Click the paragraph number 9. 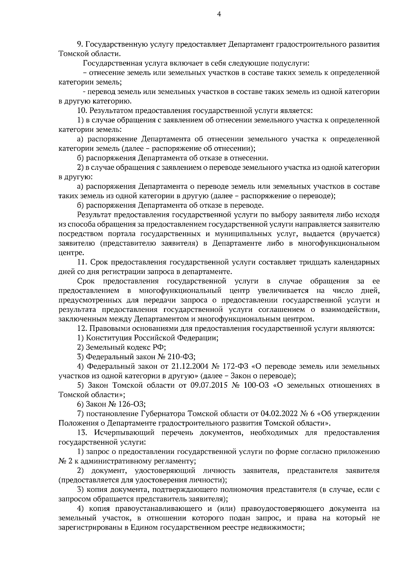[80, 44]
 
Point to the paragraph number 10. [82, 111]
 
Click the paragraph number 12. [82, 328]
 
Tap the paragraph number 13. [82, 433]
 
